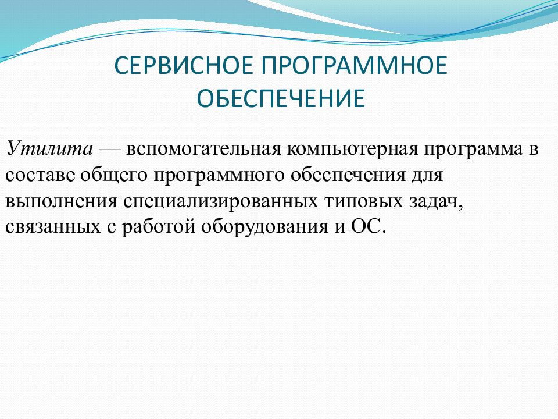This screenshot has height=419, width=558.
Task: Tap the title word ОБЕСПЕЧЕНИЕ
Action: coord(281,98)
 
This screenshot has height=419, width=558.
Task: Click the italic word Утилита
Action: coord(49,148)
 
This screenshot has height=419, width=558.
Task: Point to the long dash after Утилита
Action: coord(110,150)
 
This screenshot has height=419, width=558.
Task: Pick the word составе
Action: coord(40,175)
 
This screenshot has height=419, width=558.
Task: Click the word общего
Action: coord(114,175)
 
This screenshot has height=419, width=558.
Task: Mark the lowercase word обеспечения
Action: coord(348,175)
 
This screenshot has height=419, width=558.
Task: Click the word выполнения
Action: coord(61,201)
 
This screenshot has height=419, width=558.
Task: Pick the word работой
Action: coord(159,226)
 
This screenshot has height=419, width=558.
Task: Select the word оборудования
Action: coord(264,227)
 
